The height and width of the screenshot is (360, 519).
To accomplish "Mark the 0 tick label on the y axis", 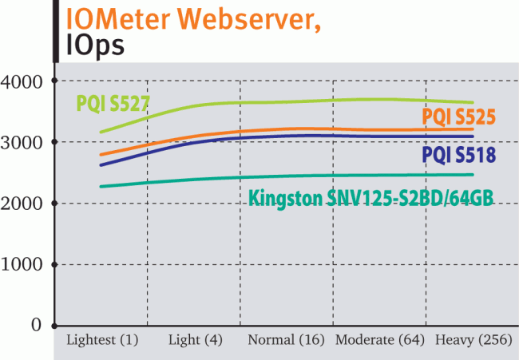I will coord(36,325).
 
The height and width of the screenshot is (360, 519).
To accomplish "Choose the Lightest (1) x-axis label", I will coord(103,340).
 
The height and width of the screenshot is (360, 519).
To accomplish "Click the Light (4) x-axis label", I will coord(196,340).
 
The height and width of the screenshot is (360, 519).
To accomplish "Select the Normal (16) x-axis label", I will coord(287,340).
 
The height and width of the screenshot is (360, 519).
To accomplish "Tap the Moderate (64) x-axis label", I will coord(379,340).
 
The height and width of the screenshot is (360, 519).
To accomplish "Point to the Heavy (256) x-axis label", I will coord(473,340).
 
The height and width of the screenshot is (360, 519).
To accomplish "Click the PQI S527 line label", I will coord(113,103).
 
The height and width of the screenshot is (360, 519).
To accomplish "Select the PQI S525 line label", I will coord(458,117).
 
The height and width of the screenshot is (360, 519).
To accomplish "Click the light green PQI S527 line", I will coord(319,101).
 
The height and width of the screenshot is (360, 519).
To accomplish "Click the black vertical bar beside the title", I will coord(55,30).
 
